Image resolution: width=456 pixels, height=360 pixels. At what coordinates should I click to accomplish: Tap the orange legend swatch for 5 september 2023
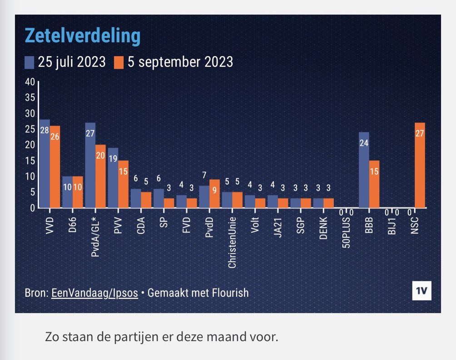(x=118, y=62)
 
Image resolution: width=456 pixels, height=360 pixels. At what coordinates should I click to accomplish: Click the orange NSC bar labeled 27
(x=421, y=165)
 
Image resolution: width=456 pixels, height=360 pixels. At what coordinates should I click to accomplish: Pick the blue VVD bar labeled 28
(x=45, y=163)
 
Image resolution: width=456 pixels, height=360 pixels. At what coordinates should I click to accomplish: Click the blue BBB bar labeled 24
(x=364, y=170)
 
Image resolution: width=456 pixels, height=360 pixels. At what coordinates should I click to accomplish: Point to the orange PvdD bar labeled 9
(x=215, y=193)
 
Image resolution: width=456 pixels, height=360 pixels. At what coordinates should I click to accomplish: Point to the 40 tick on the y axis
(x=30, y=82)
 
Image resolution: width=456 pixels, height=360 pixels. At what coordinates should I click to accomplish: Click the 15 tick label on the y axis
(x=30, y=161)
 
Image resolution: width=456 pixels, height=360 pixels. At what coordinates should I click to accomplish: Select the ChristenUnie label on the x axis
(x=232, y=239)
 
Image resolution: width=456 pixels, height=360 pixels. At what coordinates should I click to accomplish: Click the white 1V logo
(x=421, y=291)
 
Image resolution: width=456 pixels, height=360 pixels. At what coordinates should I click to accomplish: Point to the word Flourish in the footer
(x=230, y=293)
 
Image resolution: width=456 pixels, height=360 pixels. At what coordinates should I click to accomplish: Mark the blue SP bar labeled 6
(x=158, y=198)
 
